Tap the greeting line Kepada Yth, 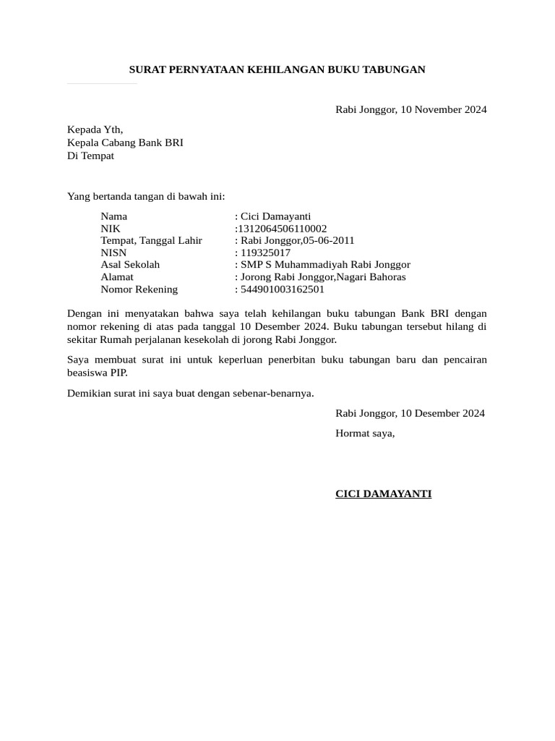[95, 130]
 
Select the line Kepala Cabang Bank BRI [125, 143]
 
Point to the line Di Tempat [90, 156]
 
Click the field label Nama [113, 216]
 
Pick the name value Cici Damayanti [275, 216]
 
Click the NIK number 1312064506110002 [282, 229]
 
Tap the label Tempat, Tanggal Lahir [151, 240]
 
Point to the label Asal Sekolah [130, 265]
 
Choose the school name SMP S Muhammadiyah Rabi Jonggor [325, 265]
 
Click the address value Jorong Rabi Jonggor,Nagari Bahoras [323, 277]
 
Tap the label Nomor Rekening [139, 289]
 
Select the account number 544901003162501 [283, 289]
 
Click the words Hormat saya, [365, 433]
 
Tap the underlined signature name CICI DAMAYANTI [383, 494]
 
